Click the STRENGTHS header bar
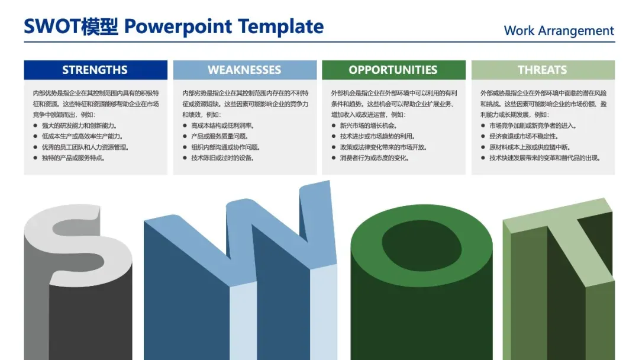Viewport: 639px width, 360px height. coord(95,70)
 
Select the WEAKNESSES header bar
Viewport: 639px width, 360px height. coord(245,70)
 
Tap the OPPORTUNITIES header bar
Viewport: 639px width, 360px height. coord(393,70)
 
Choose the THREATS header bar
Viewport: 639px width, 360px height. coord(543,70)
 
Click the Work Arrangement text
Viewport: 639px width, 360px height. coord(559,31)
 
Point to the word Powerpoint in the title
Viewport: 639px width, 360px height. coord(178,27)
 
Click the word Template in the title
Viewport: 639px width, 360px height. coord(281,27)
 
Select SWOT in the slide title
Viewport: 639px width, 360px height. coord(52,27)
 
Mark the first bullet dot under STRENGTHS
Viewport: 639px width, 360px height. coord(35,126)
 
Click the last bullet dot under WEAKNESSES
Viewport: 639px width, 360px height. coord(185,157)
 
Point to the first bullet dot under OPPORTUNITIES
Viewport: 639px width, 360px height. coord(333,126)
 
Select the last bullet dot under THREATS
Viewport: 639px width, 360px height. coord(483,157)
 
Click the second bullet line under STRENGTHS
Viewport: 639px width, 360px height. coord(82,136)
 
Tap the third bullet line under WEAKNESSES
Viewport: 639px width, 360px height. coord(225,147)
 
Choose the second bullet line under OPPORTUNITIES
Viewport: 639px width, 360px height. coord(377,136)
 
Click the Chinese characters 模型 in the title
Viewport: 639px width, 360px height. coord(100,27)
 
